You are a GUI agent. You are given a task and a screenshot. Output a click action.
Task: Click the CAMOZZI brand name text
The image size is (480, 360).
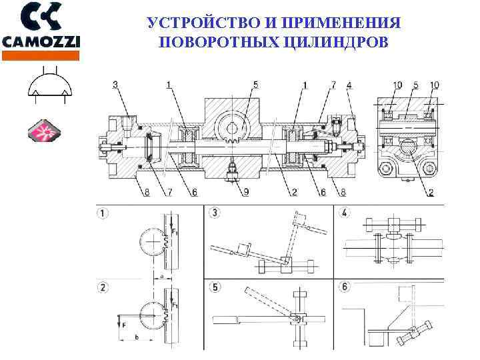click(41, 41)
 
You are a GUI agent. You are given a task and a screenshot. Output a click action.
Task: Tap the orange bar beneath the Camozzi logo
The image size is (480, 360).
click(41, 57)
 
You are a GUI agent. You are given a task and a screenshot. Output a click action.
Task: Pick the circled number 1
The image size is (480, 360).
click(103, 215)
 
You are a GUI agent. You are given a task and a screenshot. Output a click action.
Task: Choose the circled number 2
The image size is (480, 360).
click(103, 288)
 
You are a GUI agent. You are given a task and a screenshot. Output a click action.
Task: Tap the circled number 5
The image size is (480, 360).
click(215, 288)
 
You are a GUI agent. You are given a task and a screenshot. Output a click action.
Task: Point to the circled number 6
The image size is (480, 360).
click(345, 288)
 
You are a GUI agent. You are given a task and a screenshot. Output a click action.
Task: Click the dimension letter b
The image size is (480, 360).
click(137, 337)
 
